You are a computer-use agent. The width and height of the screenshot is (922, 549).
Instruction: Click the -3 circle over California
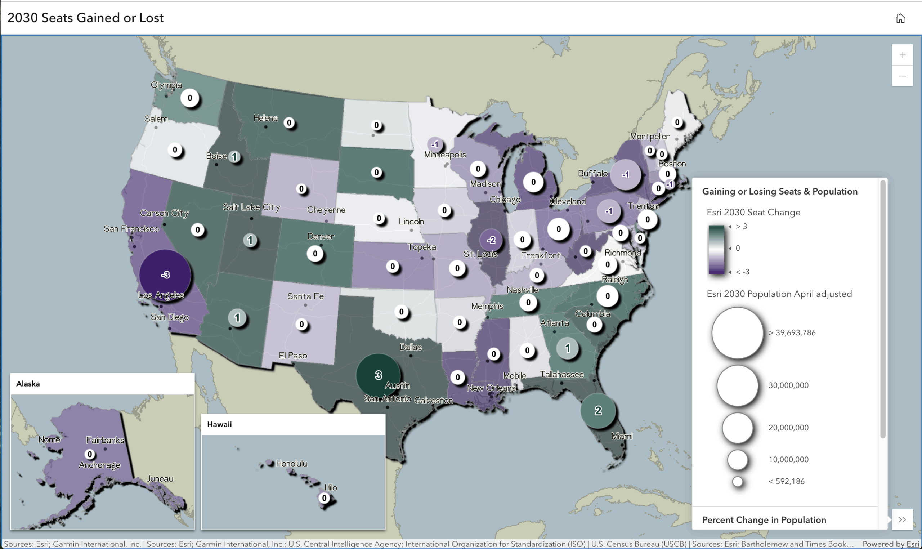click(x=165, y=275)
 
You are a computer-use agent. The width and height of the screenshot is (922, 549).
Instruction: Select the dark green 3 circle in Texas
click(x=378, y=375)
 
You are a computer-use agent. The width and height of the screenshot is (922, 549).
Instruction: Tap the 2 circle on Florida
click(x=597, y=411)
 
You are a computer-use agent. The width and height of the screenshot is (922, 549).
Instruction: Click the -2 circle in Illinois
click(x=491, y=240)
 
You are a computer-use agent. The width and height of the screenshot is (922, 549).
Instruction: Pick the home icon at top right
click(x=900, y=18)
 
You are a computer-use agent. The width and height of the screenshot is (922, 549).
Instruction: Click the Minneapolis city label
click(x=445, y=155)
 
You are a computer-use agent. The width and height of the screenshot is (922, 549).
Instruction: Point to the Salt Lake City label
click(x=251, y=207)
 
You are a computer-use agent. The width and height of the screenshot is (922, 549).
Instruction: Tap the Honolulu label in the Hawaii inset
click(x=291, y=464)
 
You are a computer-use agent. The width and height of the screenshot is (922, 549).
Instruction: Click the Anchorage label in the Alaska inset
click(x=99, y=465)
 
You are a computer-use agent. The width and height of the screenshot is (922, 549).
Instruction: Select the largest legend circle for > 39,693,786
click(x=737, y=333)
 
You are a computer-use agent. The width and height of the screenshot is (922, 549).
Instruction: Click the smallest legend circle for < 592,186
click(x=738, y=482)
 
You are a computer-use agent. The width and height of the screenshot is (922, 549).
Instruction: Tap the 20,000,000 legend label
click(x=788, y=428)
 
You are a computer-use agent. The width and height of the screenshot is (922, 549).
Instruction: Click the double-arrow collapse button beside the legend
click(x=902, y=520)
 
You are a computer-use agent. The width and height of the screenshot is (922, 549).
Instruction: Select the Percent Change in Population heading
click(x=764, y=520)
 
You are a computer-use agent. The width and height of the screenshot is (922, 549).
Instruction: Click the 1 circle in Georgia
click(x=567, y=348)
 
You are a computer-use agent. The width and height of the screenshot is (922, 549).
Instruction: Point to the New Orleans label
click(x=491, y=388)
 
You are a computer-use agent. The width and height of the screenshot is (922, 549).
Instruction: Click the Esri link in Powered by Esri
click(x=912, y=544)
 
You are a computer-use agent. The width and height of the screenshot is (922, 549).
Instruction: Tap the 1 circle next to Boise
click(x=234, y=156)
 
